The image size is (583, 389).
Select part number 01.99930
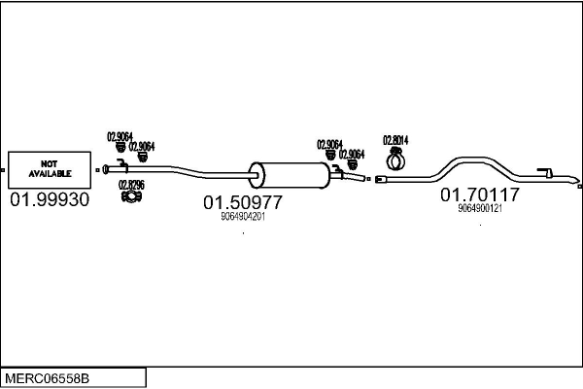coord(49,199)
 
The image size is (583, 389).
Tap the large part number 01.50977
coord(242,202)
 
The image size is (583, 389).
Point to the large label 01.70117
coord(480,194)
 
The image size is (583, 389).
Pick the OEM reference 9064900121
coord(480,208)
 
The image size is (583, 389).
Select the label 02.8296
coord(131,184)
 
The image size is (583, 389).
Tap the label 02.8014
coord(394,139)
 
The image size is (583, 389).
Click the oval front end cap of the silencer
coord(257,175)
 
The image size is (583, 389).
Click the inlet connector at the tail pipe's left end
coord(382,179)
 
